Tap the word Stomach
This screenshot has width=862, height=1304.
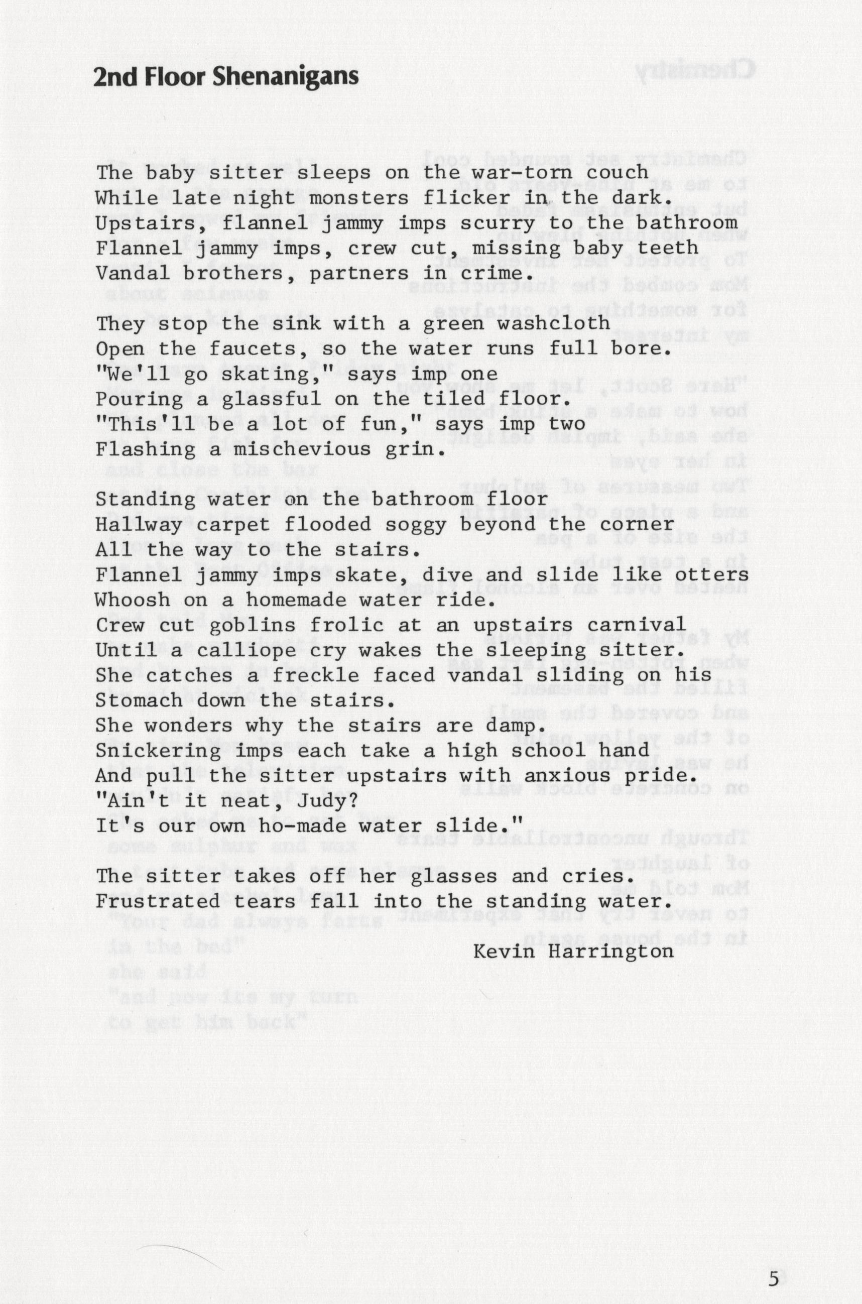(140, 700)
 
